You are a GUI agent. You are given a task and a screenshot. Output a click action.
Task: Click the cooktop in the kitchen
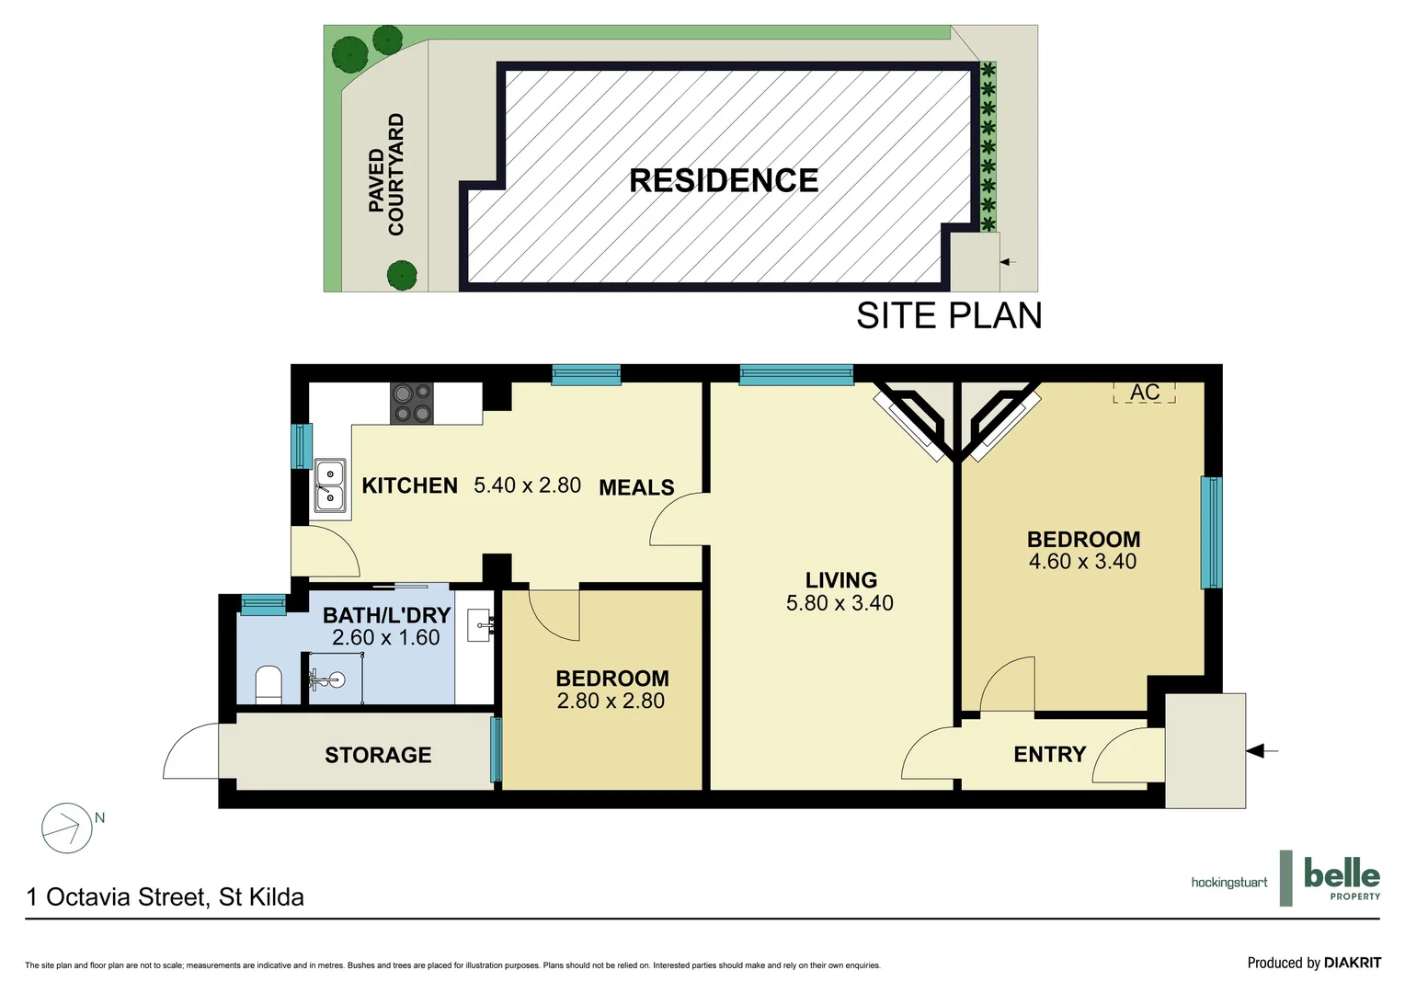(x=412, y=404)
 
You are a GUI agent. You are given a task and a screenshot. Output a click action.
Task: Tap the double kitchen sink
(x=329, y=485)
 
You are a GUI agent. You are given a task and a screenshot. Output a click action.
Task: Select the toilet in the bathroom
(x=268, y=684)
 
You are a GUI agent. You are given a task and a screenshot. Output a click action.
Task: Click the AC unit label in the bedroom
(x=1144, y=393)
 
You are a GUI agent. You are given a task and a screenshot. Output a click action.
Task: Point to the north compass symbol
(x=67, y=827)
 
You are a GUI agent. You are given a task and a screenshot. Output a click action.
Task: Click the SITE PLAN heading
(x=949, y=316)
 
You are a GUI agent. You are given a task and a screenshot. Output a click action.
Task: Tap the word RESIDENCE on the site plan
(x=724, y=181)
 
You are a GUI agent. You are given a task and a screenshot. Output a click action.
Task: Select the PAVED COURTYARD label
(x=386, y=175)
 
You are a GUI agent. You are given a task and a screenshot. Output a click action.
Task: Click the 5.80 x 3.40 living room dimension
(x=840, y=603)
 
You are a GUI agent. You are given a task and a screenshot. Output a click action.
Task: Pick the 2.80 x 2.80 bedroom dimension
(x=611, y=702)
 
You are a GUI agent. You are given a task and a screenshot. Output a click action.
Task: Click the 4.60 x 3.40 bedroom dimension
(x=1082, y=562)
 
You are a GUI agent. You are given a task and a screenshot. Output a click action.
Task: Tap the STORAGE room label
(x=378, y=755)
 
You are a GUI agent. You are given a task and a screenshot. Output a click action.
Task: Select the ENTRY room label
(x=1049, y=755)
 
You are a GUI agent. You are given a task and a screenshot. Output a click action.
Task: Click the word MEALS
(x=636, y=487)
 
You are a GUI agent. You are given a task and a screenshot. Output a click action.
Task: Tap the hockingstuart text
(x=1228, y=883)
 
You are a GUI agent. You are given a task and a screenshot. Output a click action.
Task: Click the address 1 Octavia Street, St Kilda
(x=166, y=897)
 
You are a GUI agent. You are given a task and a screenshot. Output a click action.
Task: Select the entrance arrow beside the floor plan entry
(x=1262, y=751)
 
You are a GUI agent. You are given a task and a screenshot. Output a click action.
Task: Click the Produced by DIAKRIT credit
(x=1313, y=963)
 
